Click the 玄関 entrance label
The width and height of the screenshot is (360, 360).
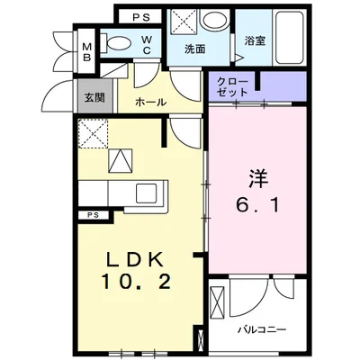click(x=94, y=97)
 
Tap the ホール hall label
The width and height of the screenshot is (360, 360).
click(x=150, y=103)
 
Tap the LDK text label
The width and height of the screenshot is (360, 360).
click(x=135, y=258)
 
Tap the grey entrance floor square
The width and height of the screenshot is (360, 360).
click(x=94, y=97)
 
